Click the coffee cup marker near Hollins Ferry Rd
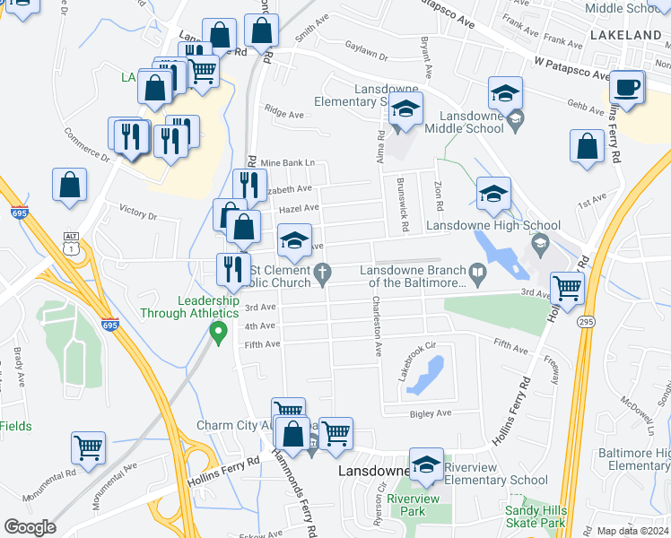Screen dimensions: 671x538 point(626,88)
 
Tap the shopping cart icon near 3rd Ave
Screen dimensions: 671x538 point(567,288)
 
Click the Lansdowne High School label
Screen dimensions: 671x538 point(492,226)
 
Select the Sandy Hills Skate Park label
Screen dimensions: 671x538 point(535,516)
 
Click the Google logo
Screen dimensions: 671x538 point(30,527)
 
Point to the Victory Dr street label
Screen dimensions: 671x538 point(137,216)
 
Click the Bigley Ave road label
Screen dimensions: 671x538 point(431,413)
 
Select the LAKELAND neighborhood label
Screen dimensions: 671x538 point(625,35)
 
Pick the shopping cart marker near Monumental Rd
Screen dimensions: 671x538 point(88,447)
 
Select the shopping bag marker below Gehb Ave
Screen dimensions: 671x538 point(587,147)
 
